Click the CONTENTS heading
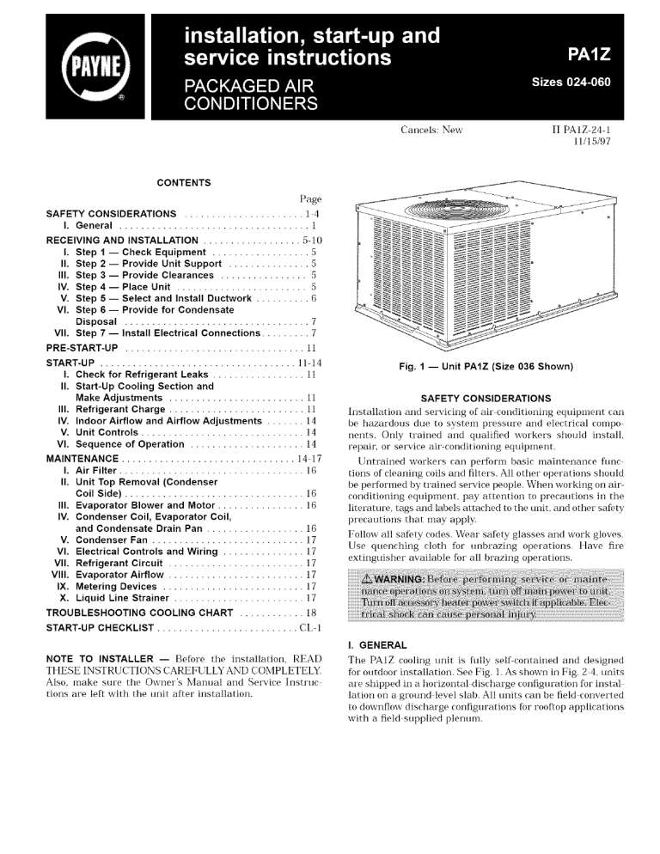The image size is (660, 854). [x=184, y=183]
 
